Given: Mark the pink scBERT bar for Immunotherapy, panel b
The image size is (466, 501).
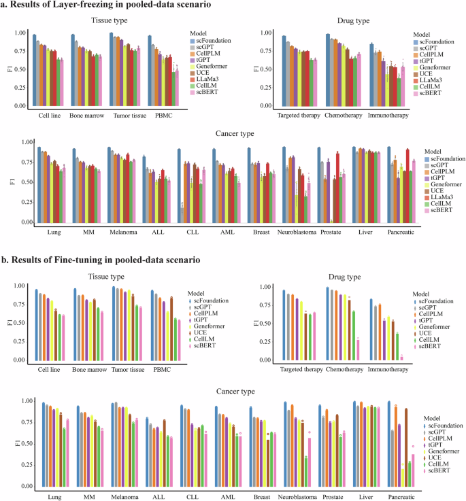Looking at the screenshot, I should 401,358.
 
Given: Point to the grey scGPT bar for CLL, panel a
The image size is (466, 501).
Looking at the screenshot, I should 182,213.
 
